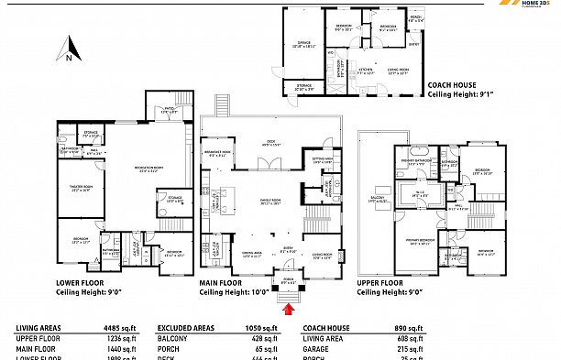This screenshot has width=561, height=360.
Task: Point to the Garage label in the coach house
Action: coord(303,42)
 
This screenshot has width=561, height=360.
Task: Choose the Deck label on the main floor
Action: coord(271,143)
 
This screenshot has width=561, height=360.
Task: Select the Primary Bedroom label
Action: coord(420,243)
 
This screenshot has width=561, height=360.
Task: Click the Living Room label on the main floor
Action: coord(323,256)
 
